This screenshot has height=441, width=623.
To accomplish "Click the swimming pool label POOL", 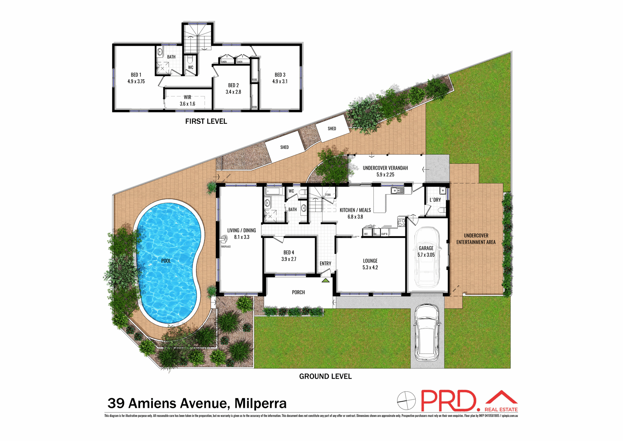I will coord(166,261).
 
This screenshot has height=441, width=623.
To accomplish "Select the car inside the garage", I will coord(426,257).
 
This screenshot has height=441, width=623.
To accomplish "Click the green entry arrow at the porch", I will coord(325,280).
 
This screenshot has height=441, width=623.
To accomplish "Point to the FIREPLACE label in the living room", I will coord(226,247).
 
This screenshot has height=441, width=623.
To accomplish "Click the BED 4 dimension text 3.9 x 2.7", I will coord(289,259).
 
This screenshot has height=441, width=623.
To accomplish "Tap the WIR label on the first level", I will coord(188,97).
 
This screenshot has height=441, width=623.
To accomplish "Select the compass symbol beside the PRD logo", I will coord(406,401).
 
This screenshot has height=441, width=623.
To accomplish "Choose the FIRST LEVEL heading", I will coord(206,122).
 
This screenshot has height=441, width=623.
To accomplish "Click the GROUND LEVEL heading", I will coord(325,376).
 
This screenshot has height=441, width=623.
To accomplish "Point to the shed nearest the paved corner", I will coord(285,147).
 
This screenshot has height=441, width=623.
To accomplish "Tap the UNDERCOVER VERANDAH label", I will coord(385,168).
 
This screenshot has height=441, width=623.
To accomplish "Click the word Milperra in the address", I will coord(261,403).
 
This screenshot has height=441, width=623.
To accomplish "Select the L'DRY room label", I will coord(435,200).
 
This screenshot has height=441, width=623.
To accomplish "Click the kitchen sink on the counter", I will coord(397,190).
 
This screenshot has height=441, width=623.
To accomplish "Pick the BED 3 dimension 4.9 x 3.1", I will coord(280,82).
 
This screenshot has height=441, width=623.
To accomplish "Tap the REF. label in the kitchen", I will coord(366,234).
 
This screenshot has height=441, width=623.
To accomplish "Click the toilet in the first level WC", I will coord(190,59).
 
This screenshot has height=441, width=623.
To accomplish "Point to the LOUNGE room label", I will coord(370,261).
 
